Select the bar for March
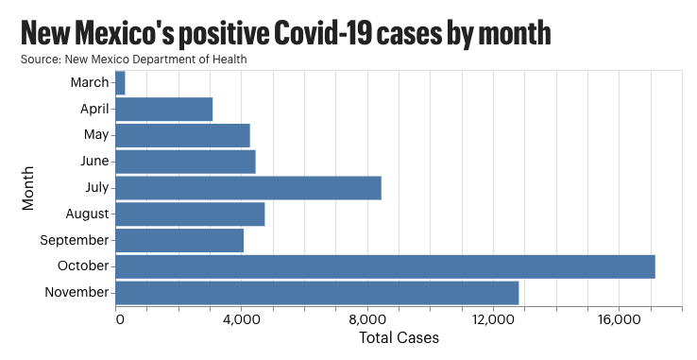[x=120, y=83]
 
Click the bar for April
[x=163, y=110]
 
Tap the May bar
[x=182, y=135]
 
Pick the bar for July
[x=247, y=188]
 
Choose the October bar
[x=384, y=266]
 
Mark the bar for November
[x=316, y=293]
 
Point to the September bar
[x=179, y=240]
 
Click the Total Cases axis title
[x=399, y=337]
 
